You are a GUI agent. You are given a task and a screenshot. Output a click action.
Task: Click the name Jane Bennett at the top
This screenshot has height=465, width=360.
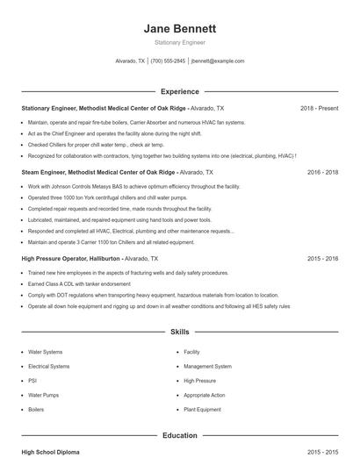[x=179, y=28]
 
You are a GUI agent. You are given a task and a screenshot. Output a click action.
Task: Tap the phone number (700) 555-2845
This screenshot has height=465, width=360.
[x=168, y=61]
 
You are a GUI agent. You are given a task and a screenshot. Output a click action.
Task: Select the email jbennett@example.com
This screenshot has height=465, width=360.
[x=218, y=61]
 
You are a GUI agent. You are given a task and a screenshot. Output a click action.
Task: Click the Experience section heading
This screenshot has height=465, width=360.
[x=179, y=91]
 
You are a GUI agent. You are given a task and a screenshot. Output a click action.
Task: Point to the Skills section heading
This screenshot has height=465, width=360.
[x=179, y=333]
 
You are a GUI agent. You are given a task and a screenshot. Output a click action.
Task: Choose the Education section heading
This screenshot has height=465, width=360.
[x=179, y=434]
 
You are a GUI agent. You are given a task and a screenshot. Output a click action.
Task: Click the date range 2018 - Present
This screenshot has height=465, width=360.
[x=319, y=108]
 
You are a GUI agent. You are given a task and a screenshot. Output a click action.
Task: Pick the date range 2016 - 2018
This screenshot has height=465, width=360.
[x=322, y=173]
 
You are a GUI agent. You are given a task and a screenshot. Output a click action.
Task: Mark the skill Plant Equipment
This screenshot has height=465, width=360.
[x=202, y=410]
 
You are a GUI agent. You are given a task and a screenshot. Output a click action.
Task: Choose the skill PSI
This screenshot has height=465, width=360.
[x=33, y=381]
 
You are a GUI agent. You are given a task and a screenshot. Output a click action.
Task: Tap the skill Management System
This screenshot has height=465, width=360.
[x=207, y=366]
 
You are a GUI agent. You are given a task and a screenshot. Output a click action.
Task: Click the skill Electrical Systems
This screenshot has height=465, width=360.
[x=48, y=366]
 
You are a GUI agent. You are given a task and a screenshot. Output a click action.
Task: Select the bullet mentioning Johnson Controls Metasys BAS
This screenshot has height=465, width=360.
[x=121, y=187]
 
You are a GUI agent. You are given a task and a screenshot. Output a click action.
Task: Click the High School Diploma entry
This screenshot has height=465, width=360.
[x=50, y=452]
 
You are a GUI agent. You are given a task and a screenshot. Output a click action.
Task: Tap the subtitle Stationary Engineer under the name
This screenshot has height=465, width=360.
[x=179, y=42]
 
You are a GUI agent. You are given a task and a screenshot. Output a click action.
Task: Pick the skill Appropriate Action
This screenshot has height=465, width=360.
[x=204, y=395]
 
